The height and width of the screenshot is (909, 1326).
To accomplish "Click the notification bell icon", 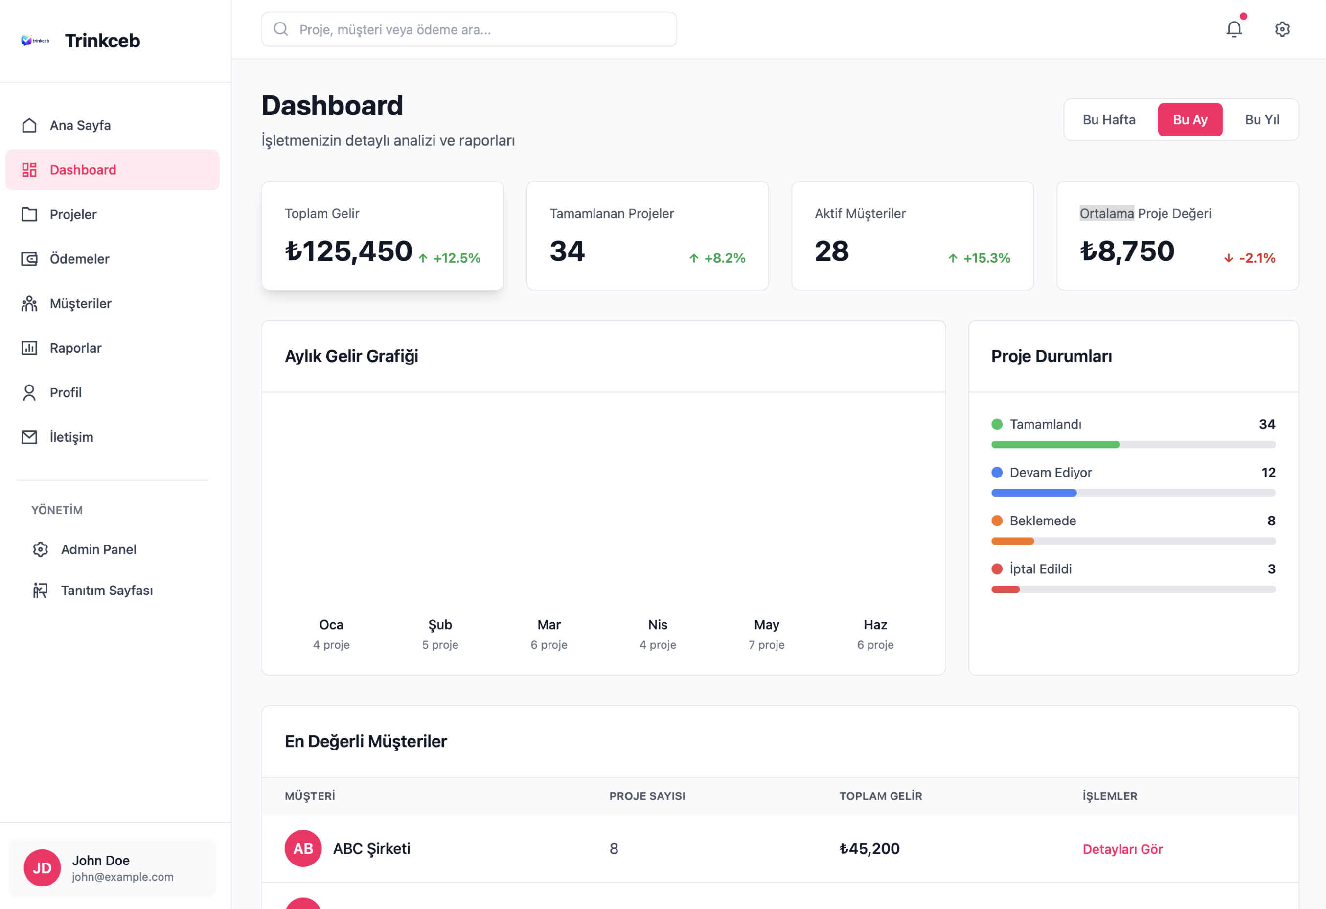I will [x=1234, y=29].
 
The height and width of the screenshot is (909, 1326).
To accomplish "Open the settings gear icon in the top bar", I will [x=1282, y=29].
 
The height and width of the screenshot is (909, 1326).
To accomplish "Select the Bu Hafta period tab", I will [x=1109, y=120].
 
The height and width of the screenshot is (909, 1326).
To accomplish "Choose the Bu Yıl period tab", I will [x=1261, y=120].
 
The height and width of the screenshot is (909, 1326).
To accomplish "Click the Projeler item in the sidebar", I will [x=73, y=215].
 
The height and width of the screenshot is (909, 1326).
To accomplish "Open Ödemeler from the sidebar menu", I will [x=79, y=259].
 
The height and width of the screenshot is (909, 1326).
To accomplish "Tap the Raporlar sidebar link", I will [x=75, y=348].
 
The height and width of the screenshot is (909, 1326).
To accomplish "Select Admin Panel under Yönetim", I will [x=98, y=549].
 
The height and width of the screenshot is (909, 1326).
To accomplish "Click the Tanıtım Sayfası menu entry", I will [x=107, y=590].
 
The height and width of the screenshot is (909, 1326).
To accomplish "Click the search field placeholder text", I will [x=395, y=30].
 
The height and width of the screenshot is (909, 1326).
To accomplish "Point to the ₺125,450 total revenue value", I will [x=348, y=251].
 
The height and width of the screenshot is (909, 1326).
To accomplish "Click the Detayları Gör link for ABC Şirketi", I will [x=1122, y=849].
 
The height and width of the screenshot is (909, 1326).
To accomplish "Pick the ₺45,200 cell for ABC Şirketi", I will [x=869, y=849].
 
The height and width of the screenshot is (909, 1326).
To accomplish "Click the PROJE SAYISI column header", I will [x=647, y=796].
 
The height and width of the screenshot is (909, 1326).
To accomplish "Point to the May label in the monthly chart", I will [x=766, y=625].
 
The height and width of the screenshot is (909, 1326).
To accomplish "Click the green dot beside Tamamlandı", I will [x=997, y=424].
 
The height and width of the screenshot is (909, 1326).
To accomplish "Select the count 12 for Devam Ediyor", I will [x=1268, y=473].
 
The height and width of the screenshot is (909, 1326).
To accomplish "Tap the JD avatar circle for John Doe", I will [x=42, y=867].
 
